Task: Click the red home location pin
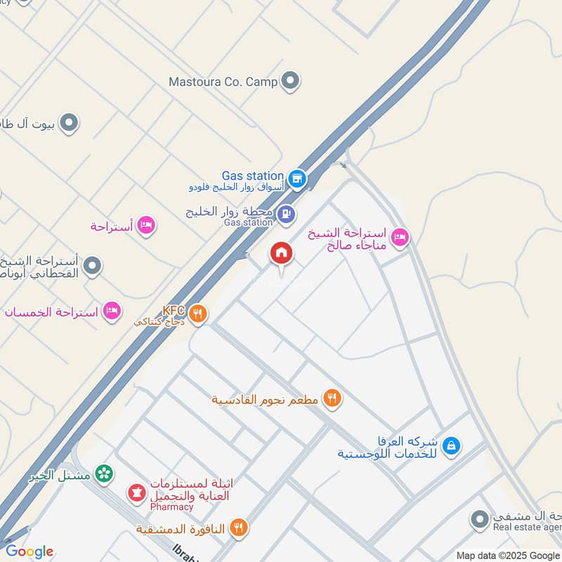pyautogui.click(x=281, y=254)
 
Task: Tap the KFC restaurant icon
pyautogui.click(x=199, y=314)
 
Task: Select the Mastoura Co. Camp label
pyautogui.click(x=223, y=81)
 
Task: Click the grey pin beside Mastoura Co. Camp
pyautogui.click(x=290, y=81)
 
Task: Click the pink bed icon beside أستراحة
pyautogui.click(x=147, y=226)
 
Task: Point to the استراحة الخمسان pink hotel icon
pyautogui.click(x=112, y=311)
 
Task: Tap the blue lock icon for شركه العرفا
pyautogui.click(x=452, y=445)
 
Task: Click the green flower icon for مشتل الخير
pyautogui.click(x=104, y=476)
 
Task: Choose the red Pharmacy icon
pyautogui.click(x=136, y=493)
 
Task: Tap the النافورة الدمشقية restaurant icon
pyautogui.click(x=239, y=528)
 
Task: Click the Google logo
pyautogui.click(x=30, y=551)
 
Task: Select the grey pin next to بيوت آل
pyautogui.click(x=68, y=124)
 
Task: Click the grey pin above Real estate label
pyautogui.click(x=479, y=520)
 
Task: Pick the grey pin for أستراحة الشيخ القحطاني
pyautogui.click(x=92, y=266)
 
